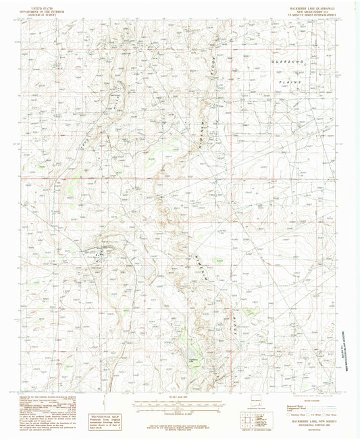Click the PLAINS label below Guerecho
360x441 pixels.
click(292, 80)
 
